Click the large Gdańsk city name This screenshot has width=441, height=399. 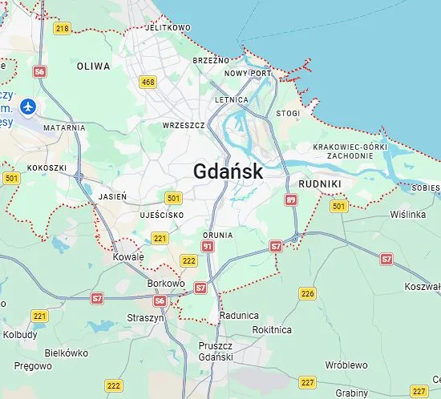click(x=228, y=171)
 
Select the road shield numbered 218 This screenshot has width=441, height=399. click(x=63, y=29)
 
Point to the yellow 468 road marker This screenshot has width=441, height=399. click(x=148, y=82)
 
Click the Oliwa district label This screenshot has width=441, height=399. click(x=93, y=66)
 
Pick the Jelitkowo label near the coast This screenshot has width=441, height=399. click(x=168, y=27)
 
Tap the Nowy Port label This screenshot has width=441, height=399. click(x=249, y=73)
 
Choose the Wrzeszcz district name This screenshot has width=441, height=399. click(x=184, y=126)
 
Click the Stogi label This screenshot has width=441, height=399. click(x=288, y=114)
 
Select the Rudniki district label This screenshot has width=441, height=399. click(x=320, y=183)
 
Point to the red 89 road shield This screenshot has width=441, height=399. click(x=290, y=199)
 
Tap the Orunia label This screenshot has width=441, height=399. click(x=218, y=236)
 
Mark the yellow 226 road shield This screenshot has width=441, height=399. click(x=307, y=293)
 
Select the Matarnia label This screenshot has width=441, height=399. click(x=64, y=127)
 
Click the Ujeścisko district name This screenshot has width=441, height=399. click(x=161, y=216)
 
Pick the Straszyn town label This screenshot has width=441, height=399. click(x=145, y=317)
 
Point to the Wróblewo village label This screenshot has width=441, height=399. click(x=346, y=365)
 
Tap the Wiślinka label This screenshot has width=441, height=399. click(x=407, y=215)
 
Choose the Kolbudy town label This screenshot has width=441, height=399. click(x=20, y=335)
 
